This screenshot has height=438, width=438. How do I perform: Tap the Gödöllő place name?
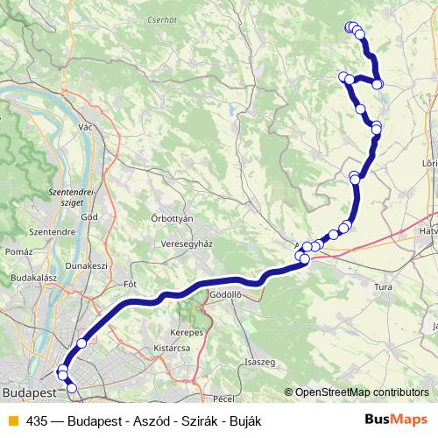(x=225, y=296)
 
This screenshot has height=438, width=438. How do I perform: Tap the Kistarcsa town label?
(x=171, y=348)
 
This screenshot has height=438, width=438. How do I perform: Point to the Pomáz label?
(x=19, y=251)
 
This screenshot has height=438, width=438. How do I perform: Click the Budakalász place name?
(x=32, y=277)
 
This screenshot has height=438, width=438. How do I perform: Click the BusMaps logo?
(x=396, y=420)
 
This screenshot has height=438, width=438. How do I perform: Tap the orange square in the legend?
(x=11, y=420)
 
